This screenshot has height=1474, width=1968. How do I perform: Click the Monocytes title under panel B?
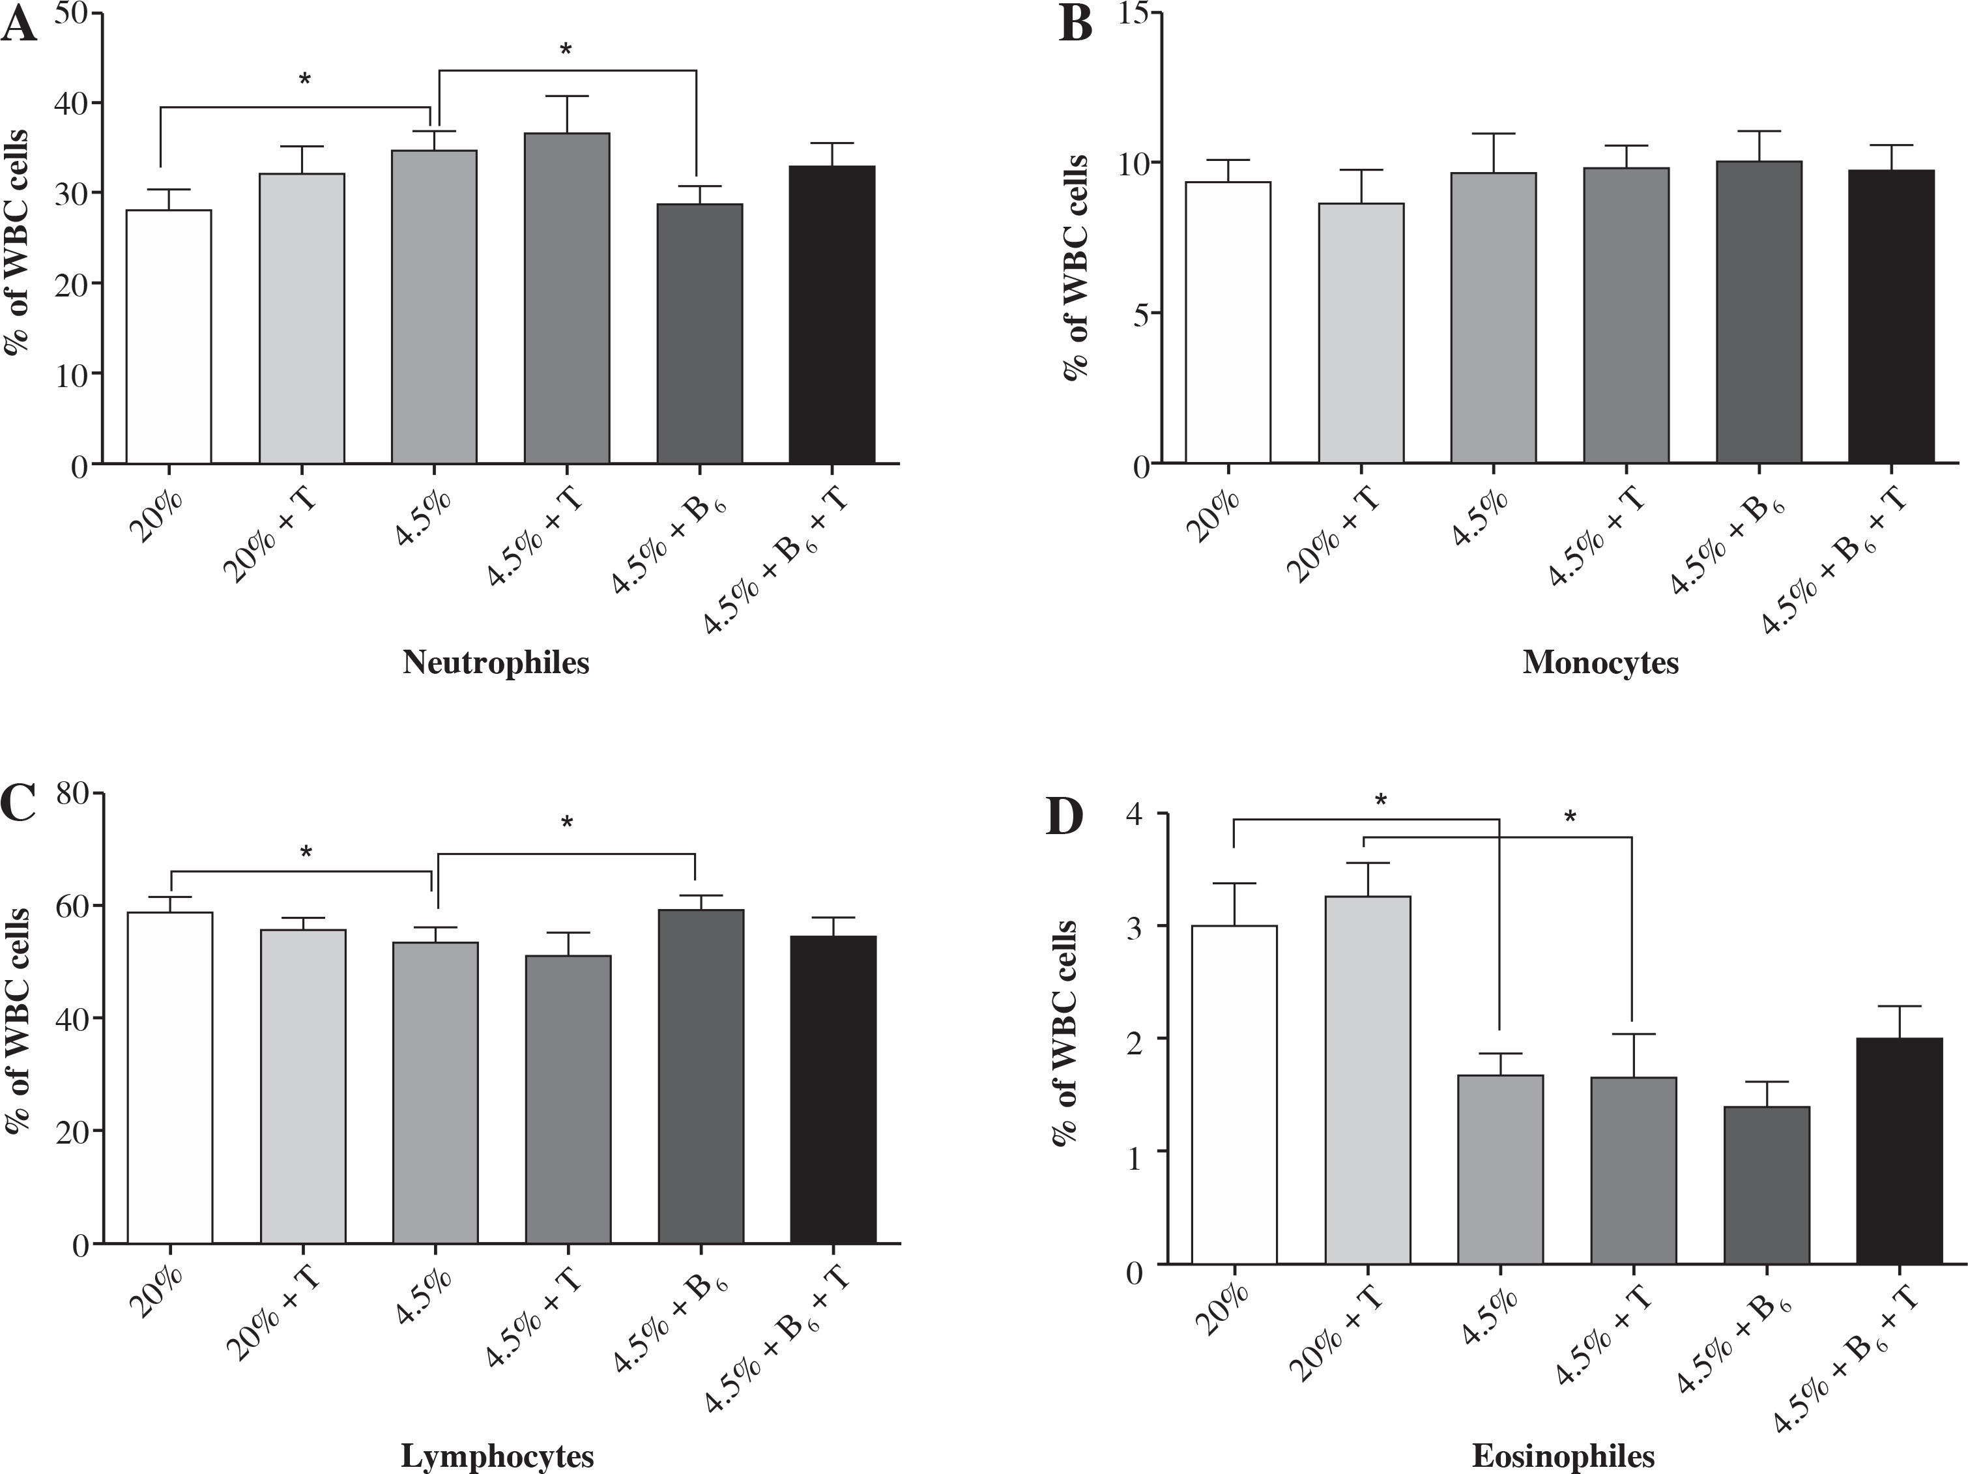point(1600,663)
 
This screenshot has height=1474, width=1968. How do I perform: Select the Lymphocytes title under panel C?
point(497,1456)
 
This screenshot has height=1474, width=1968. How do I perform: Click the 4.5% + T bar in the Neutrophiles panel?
point(567,298)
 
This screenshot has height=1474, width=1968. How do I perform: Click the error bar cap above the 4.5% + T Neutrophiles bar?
point(567,96)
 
